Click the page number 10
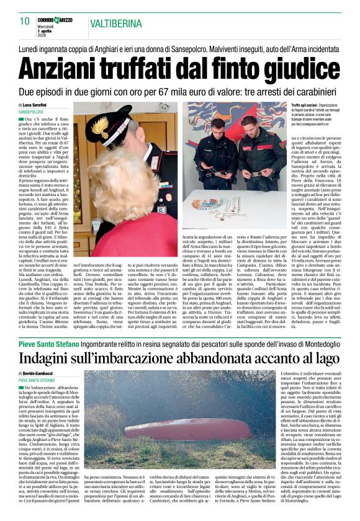[x=25, y=22]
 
